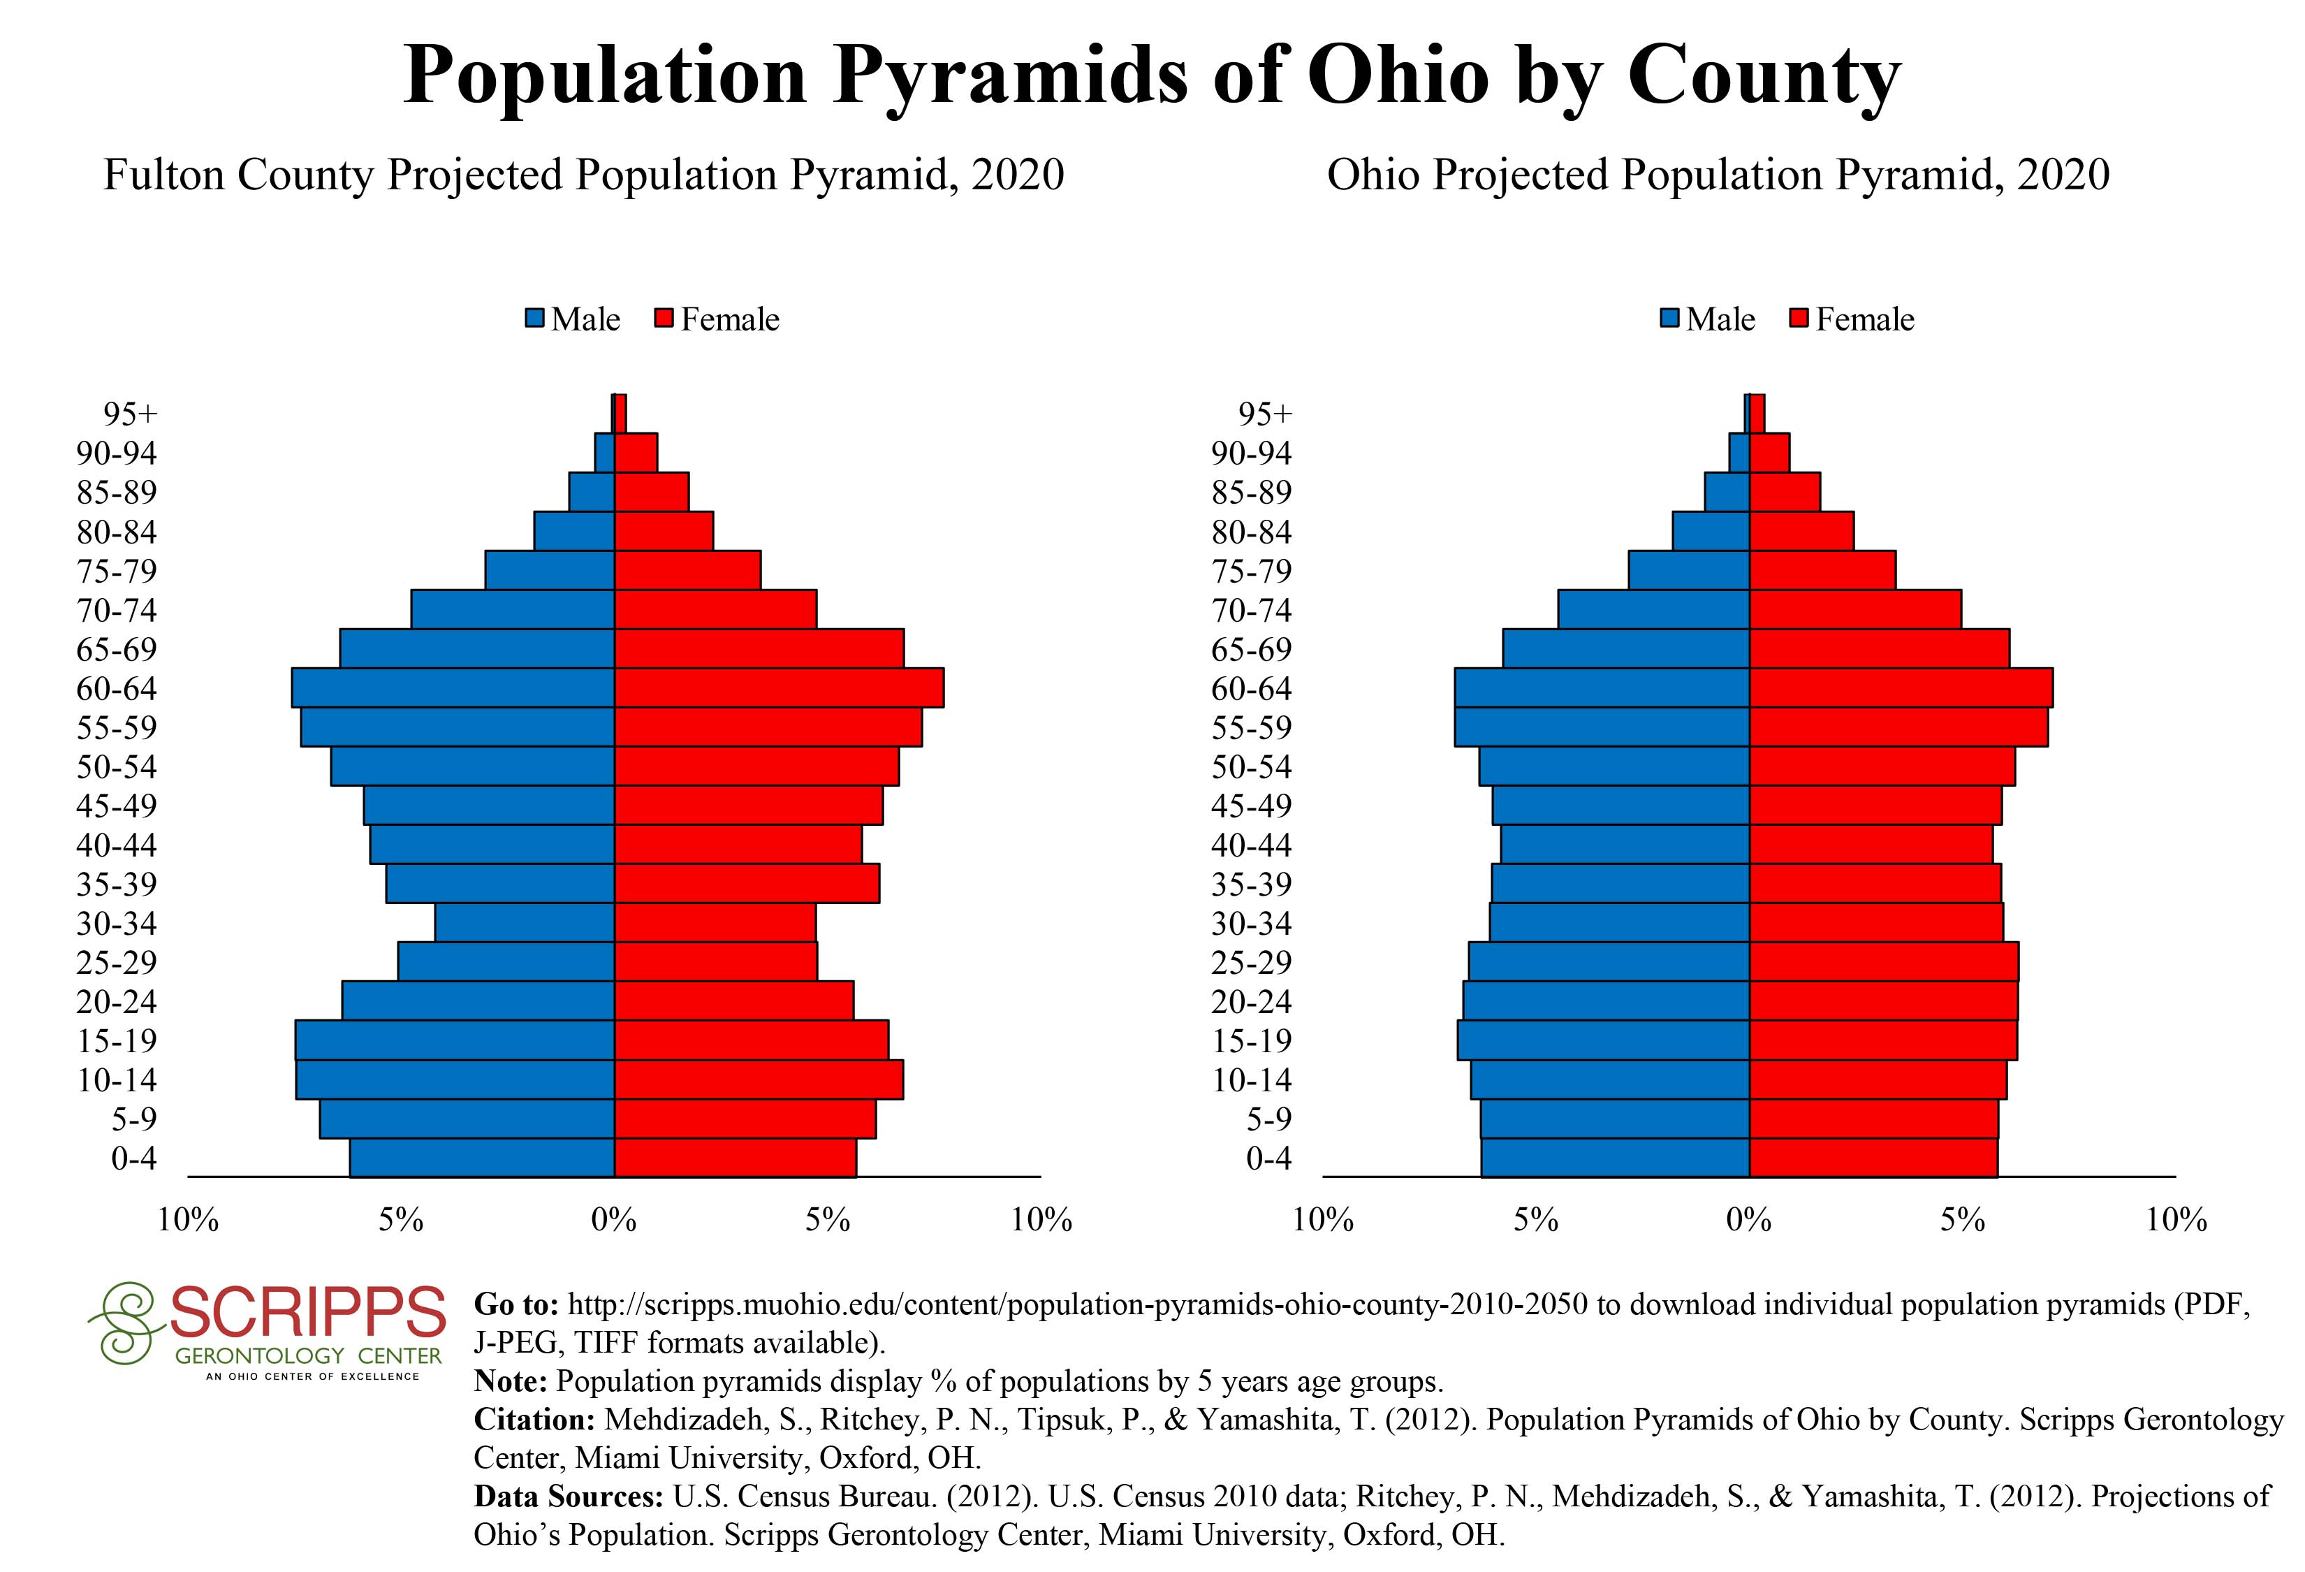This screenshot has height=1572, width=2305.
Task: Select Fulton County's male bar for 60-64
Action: click(453, 688)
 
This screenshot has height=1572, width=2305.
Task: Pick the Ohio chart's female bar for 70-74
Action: click(1854, 610)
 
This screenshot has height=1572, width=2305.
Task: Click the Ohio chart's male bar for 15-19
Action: click(1603, 1040)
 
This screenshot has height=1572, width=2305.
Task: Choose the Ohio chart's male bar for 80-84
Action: click(1711, 532)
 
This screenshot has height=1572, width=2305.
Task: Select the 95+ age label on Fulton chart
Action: click(130, 414)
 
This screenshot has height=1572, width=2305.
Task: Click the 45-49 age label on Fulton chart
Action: click(117, 806)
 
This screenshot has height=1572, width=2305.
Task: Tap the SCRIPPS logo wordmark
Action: click(307, 1313)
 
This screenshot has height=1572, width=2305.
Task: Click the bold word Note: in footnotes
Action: click(511, 1381)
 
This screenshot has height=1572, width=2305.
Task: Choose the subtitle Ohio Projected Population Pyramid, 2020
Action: click(1718, 175)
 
